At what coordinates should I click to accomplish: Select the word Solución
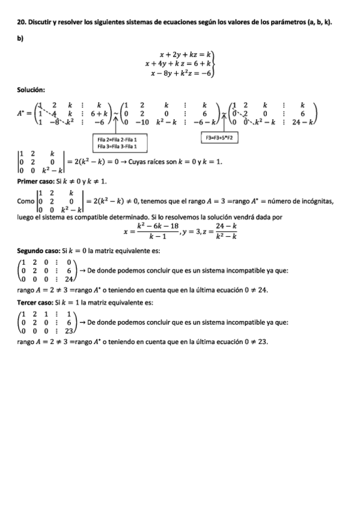click(31, 90)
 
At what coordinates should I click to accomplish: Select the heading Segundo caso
click(40, 250)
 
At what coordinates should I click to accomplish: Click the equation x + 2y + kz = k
click(186, 54)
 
